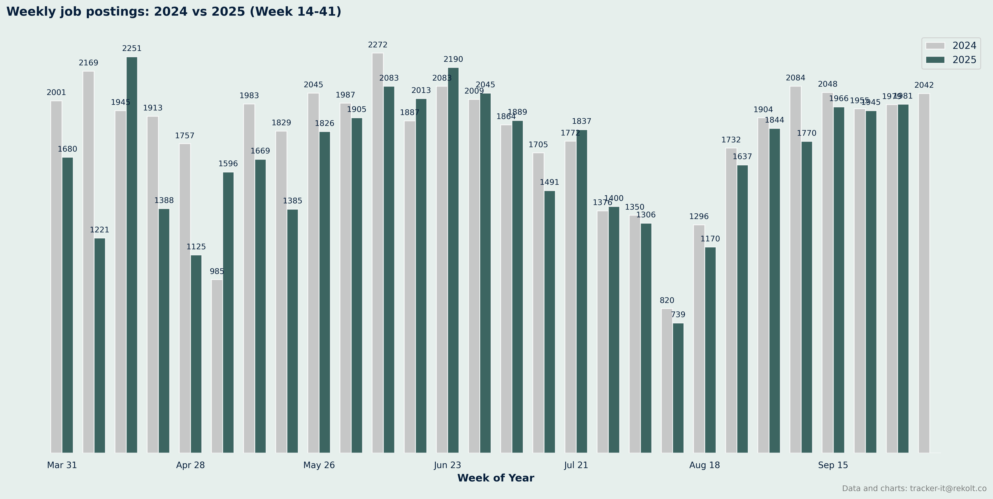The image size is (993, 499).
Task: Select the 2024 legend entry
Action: (950, 46)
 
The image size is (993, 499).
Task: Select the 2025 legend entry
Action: (950, 60)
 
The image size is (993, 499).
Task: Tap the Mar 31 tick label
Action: (62, 465)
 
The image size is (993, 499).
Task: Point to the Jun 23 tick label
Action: (447, 465)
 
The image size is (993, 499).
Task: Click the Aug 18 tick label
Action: (704, 465)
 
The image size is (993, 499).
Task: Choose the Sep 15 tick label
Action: (833, 465)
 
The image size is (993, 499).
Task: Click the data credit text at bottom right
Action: (914, 489)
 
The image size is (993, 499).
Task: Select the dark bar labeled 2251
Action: (132, 255)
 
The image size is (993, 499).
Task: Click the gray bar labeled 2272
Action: (378, 253)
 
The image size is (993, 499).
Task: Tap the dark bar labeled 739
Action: (678, 388)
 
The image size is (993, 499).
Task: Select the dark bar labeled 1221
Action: (100, 345)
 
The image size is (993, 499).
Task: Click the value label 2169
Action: (89, 63)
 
